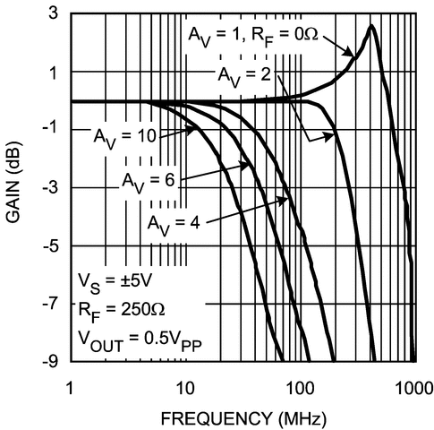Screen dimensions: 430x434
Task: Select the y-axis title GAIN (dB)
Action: click(x=14, y=187)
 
